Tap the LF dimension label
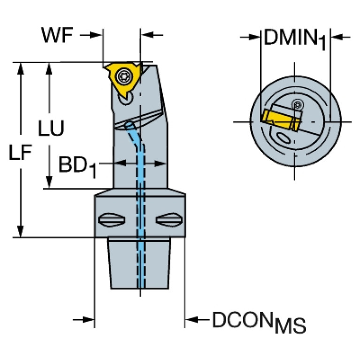[x=20, y=153]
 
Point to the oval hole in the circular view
[x=283, y=138]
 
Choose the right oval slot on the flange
[x=168, y=219]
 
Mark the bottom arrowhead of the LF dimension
[x=20, y=232]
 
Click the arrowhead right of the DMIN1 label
[x=337, y=37]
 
